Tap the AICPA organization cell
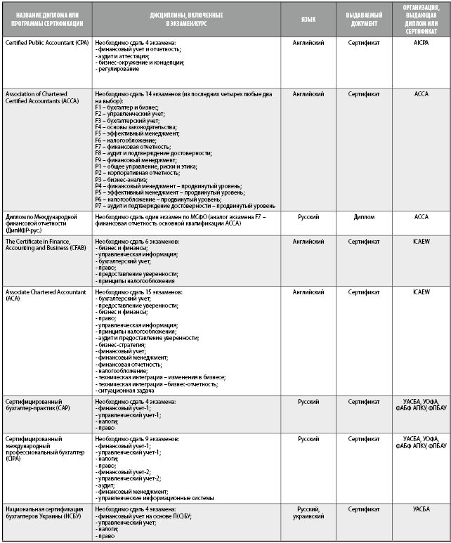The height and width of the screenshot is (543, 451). (x=421, y=43)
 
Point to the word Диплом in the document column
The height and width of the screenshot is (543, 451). (x=363, y=217)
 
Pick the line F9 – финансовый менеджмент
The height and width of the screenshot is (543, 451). (x=136, y=159)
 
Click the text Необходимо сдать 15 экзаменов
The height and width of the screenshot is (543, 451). (x=139, y=291)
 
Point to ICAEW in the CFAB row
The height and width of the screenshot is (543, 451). (x=421, y=241)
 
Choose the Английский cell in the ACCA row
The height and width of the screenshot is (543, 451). (x=308, y=93)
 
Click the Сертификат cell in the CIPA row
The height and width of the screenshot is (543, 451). (x=363, y=439)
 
